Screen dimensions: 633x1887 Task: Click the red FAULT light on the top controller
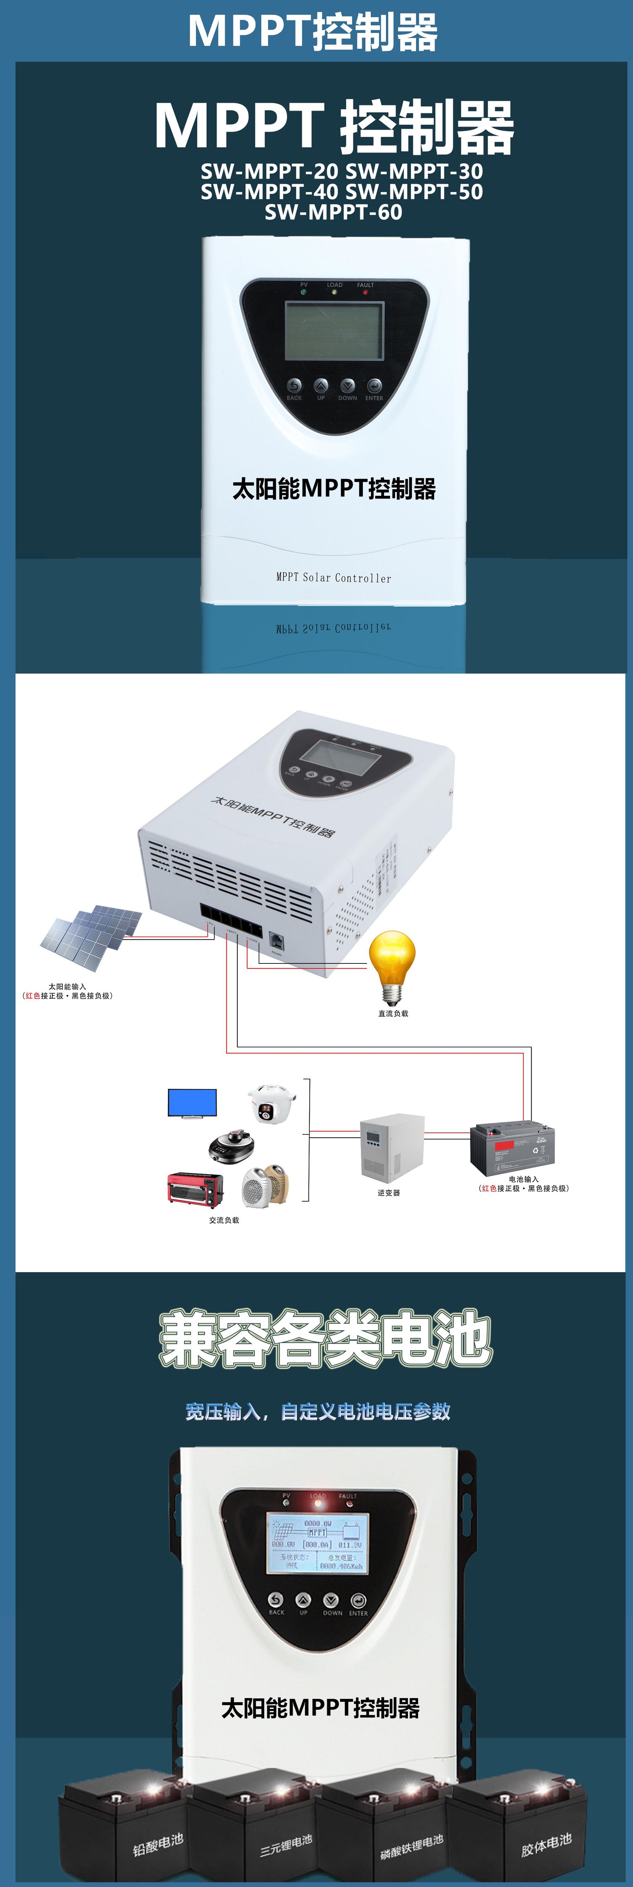[365, 292]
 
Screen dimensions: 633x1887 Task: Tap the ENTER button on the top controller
[374, 386]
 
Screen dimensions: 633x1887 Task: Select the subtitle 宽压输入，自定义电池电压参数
[317, 1412]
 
